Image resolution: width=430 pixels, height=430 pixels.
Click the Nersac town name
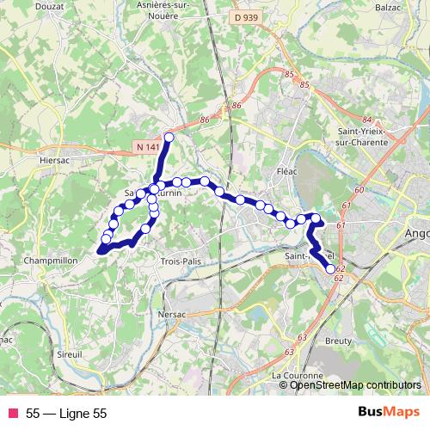click(x=174, y=315)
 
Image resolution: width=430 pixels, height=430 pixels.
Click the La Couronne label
click(x=298, y=376)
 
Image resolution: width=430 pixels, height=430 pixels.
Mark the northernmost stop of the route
click(x=169, y=138)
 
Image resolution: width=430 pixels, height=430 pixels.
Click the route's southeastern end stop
click(x=330, y=269)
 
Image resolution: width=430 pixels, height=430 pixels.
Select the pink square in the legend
click(x=11, y=413)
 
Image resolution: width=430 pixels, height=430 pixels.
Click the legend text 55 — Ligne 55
click(x=66, y=414)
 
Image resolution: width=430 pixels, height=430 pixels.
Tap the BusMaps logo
click(x=389, y=413)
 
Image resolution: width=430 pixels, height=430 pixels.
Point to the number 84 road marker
click(x=367, y=120)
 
